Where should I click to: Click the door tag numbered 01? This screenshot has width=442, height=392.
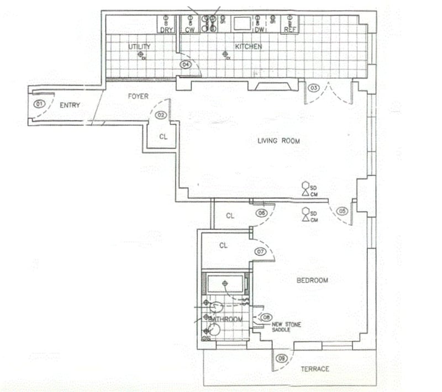tap(39, 104)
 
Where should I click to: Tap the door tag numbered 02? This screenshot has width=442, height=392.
tap(161, 115)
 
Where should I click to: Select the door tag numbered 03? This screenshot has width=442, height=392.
tap(313, 88)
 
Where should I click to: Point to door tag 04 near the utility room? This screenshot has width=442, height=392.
tap(186, 65)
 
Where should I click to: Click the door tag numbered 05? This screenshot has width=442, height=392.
tap(343, 210)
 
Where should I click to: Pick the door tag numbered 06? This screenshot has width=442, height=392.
tap(261, 213)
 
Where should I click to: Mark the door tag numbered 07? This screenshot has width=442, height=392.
tap(261, 251)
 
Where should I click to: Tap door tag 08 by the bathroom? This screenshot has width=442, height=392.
tap(266, 317)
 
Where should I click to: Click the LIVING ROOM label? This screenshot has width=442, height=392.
tap(278, 141)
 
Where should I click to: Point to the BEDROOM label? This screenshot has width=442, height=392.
tap(312, 280)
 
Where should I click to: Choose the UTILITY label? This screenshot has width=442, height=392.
tap(139, 46)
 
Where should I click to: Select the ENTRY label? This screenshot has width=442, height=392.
tap(70, 105)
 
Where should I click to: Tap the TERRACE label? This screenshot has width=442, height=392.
tap(315, 369)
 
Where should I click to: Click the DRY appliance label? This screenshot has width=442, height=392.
tap(166, 30)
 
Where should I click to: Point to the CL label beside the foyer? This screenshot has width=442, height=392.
tap(164, 136)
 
